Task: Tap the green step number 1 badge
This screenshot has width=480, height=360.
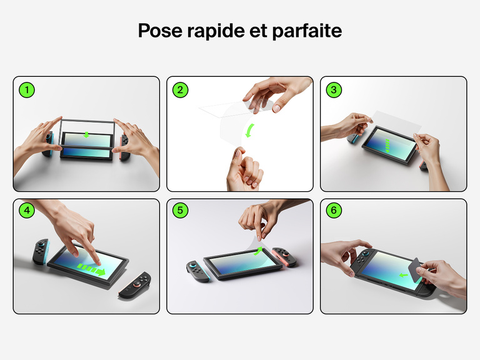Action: coord(26,90)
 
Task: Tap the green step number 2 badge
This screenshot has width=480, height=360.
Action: coord(180,90)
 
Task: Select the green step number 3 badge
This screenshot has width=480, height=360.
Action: coord(334,90)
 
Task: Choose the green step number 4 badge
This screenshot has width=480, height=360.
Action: coord(26,211)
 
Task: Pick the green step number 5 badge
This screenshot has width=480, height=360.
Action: coord(180,211)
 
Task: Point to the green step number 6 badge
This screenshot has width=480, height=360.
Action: coord(334,211)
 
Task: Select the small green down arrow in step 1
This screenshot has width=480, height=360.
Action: coord(87,135)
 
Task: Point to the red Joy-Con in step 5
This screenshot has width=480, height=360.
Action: coord(286,257)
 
